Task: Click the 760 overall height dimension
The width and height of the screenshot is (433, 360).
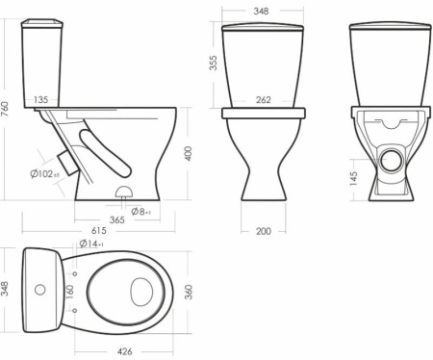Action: click(5, 109)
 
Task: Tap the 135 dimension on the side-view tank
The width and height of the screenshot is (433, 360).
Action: click(41, 100)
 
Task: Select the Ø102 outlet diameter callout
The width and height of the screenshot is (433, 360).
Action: click(45, 174)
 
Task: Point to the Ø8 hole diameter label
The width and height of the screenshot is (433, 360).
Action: click(141, 212)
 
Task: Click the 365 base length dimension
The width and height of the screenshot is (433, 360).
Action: click(116, 220)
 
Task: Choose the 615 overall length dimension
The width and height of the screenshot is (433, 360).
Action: click(99, 231)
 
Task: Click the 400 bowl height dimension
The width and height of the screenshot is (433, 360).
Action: click(188, 153)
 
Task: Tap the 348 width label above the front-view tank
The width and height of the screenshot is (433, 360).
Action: click(261, 12)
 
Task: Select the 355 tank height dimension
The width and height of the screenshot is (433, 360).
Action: click(213, 63)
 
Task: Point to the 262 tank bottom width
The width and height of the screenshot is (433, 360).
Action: click(264, 100)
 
